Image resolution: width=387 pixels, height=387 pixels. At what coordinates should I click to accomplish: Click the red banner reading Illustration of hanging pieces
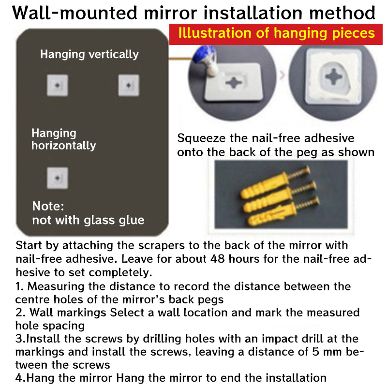(276, 34)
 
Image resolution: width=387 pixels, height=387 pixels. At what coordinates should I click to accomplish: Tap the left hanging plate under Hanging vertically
(58, 85)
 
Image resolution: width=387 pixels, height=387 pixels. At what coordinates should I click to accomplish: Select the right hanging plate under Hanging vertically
(129, 85)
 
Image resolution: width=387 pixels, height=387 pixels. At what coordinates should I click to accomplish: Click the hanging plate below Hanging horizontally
(58, 178)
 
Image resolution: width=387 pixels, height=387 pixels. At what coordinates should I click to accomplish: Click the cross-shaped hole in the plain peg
(234, 82)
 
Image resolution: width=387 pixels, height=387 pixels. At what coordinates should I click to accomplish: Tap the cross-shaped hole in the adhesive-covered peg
(333, 76)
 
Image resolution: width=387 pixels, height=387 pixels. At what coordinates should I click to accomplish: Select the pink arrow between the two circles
(282, 75)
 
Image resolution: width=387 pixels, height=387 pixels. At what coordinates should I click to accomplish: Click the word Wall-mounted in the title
(74, 13)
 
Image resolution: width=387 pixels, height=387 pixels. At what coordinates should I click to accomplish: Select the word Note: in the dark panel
(48, 206)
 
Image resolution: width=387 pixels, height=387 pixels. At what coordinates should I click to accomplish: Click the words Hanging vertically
(89, 55)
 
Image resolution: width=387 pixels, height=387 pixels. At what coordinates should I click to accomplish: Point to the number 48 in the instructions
(217, 259)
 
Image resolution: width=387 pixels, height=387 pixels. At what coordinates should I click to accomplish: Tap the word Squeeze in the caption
(201, 138)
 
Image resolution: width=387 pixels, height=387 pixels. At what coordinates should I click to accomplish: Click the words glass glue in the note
(114, 221)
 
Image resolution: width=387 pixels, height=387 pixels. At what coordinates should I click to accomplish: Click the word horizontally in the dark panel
(64, 146)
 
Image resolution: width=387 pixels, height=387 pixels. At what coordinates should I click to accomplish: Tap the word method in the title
(342, 13)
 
